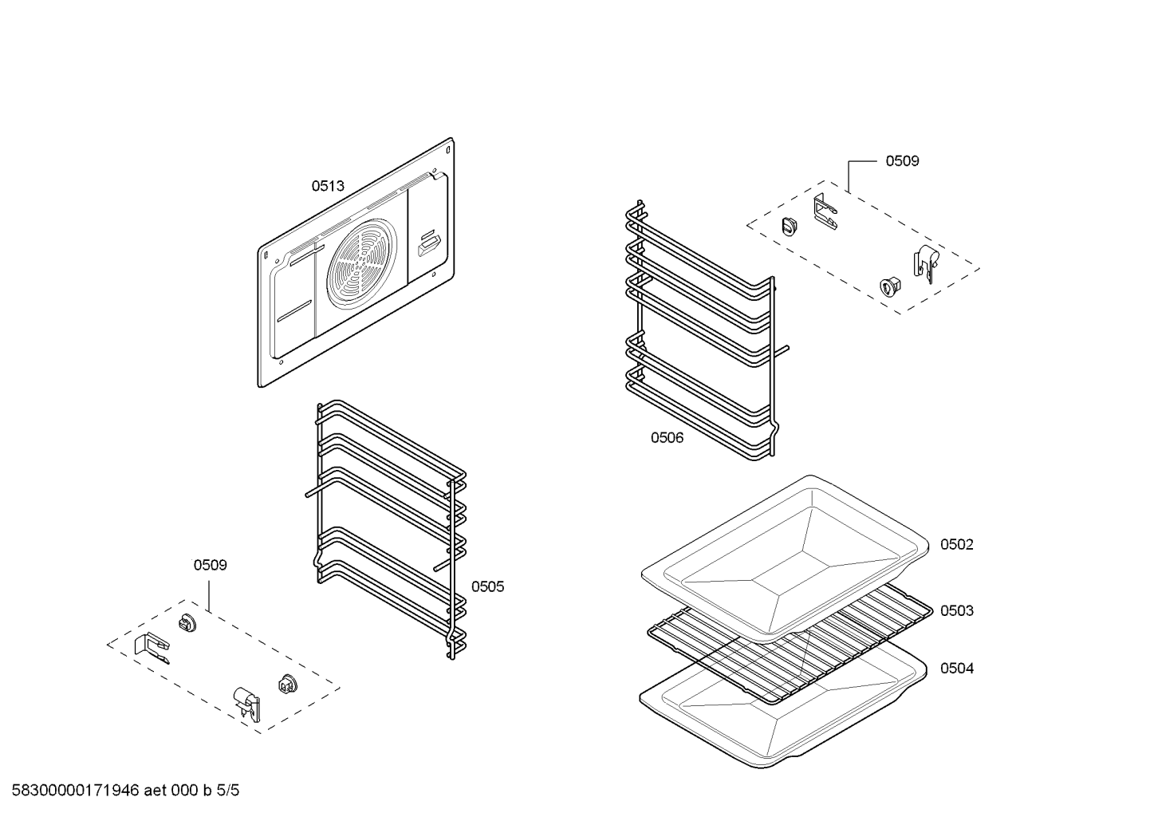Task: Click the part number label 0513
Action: pos(327,186)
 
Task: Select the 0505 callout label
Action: pos(487,586)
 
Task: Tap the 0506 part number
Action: pos(667,437)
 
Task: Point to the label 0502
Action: pos(956,544)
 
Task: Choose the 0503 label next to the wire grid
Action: pos(956,610)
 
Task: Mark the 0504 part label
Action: pos(956,668)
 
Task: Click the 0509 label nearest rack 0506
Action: pos(902,160)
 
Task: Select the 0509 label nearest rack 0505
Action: pos(210,565)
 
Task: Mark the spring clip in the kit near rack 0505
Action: pos(246,702)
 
